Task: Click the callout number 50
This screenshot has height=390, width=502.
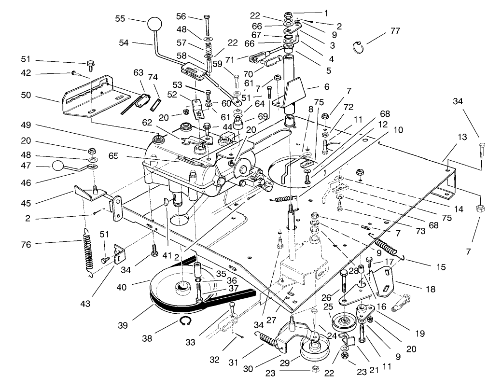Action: (26, 96)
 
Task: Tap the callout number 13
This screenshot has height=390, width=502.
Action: (462, 137)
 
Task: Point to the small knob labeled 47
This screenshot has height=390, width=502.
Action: (58, 167)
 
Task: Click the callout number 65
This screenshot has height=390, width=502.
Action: (113, 156)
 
